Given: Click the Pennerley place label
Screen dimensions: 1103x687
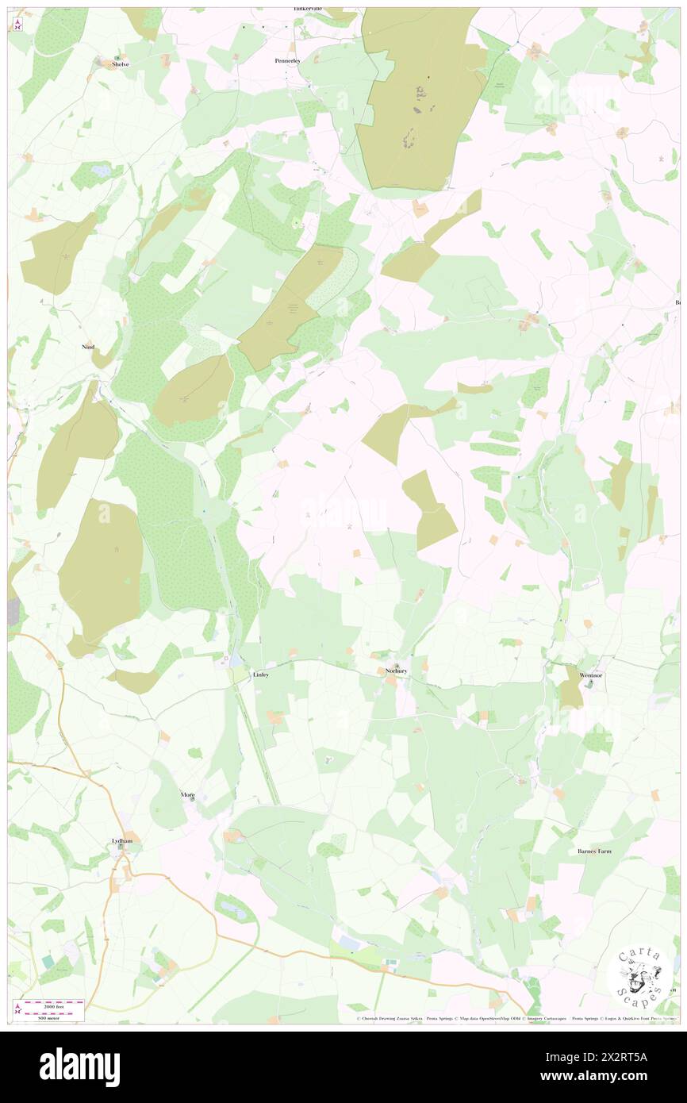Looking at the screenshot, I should tap(287, 60).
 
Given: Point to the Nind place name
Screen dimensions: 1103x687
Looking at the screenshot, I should tap(88, 347).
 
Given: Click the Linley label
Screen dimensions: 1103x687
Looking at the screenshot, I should tap(261, 674).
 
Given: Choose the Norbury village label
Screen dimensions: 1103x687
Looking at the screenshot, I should tap(396, 671).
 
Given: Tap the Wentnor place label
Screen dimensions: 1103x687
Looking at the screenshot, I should tap(591, 675).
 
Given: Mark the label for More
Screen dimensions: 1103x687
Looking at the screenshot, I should tap(187, 794).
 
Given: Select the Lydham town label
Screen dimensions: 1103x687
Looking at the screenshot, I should tap(121, 839).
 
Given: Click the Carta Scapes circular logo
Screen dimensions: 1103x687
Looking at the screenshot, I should tap(643, 976).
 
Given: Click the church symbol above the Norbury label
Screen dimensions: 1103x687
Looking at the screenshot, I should tap(397, 664).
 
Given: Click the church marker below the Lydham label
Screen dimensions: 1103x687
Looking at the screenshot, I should tap(121, 847).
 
